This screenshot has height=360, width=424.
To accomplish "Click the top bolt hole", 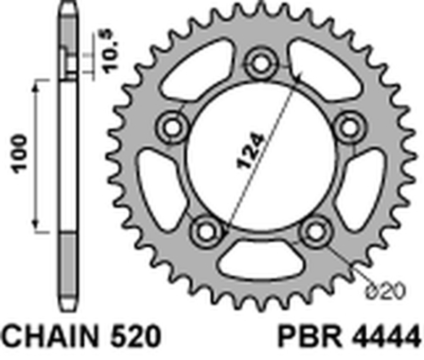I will point(261,64).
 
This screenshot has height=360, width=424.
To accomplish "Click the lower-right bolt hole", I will point(316,230).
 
